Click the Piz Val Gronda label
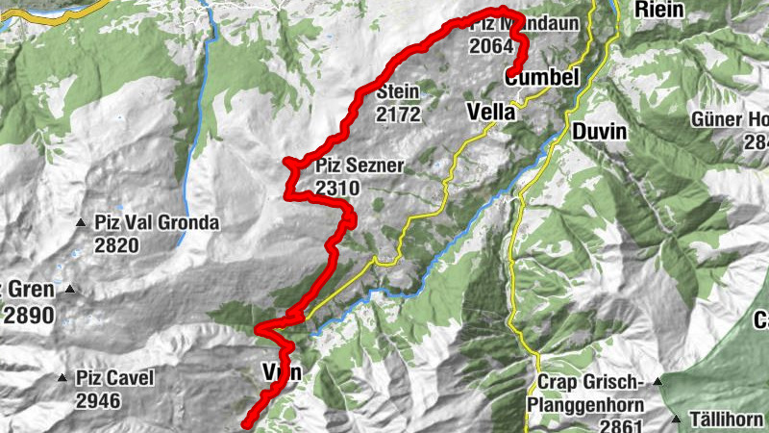tap(157, 223)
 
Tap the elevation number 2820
tap(117, 245)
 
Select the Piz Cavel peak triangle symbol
tap(62, 378)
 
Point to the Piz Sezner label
tap(359, 166)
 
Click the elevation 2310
tap(336, 189)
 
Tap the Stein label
tap(399, 92)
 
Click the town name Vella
tap(490, 112)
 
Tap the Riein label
tap(658, 10)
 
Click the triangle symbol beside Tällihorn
tap(677, 420)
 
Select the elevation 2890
tap(29, 315)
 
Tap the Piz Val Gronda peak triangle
tap(82, 223)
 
